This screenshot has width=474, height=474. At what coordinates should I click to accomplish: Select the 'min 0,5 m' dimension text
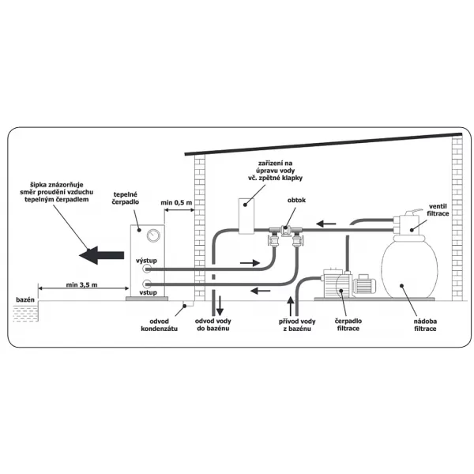[x=176, y=203]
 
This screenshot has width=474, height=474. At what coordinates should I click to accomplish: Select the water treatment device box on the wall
[x=247, y=214]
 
